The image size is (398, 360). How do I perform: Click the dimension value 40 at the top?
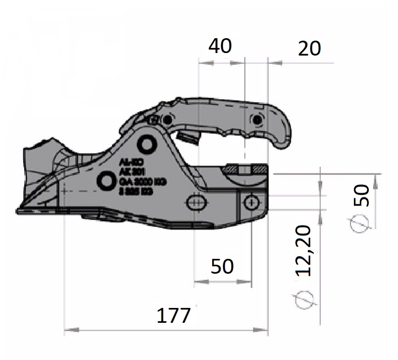pos(220,47)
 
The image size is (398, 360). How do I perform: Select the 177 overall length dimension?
pos(173,315)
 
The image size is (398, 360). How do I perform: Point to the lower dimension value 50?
pos(222,266)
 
